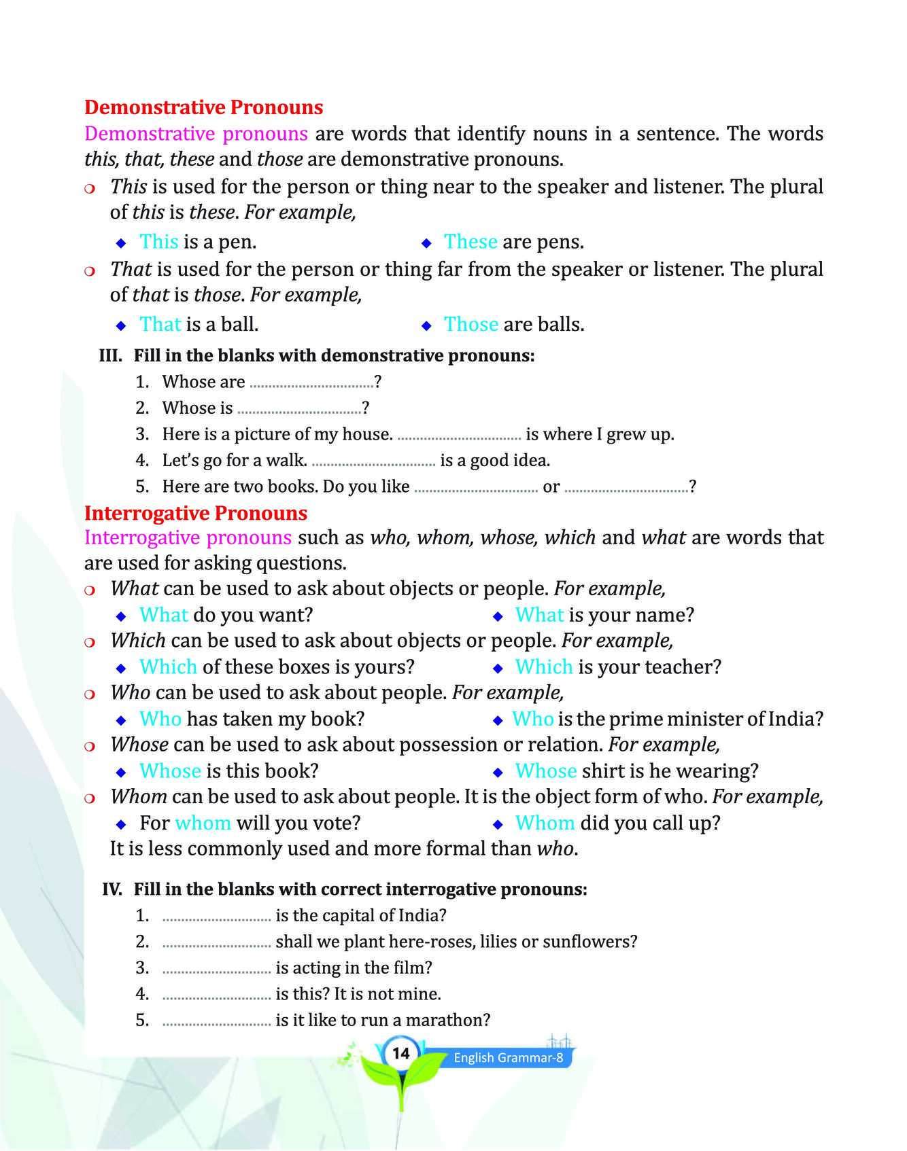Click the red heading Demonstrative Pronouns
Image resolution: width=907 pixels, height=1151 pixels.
[x=203, y=107]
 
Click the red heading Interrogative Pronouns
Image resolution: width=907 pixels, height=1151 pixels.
[x=195, y=512]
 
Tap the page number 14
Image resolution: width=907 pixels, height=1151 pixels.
[x=401, y=1053]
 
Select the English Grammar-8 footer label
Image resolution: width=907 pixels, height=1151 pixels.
[x=509, y=1057]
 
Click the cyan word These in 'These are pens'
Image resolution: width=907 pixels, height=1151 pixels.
[x=470, y=242]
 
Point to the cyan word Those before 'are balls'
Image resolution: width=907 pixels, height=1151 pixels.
[x=471, y=324]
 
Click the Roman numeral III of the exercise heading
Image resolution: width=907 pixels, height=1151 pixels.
[x=110, y=355]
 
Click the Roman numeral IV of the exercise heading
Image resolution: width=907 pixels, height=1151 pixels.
[x=112, y=889]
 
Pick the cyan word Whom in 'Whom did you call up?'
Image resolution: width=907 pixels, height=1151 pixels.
[x=545, y=823]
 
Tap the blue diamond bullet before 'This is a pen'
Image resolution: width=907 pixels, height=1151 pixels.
[x=122, y=243]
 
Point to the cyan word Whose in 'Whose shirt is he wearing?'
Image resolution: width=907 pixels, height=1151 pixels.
[x=546, y=771]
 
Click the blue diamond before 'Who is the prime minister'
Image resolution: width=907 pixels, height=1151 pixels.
[x=498, y=720]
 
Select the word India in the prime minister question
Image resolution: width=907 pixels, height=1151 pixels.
[x=790, y=719]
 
